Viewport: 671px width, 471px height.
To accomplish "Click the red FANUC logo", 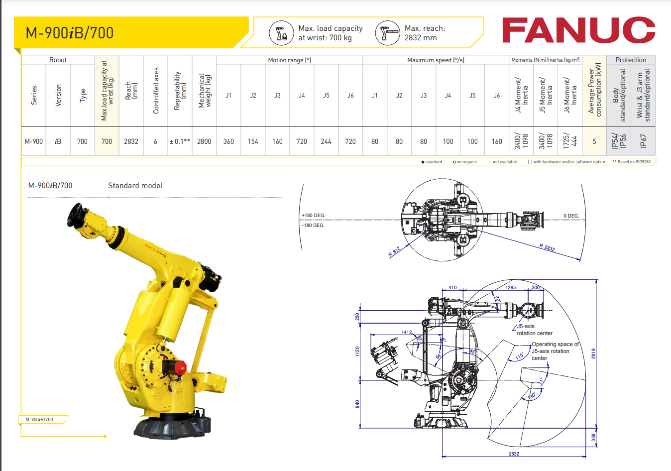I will pos(578,30).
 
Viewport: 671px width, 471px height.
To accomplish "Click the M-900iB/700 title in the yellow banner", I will pos(70,33).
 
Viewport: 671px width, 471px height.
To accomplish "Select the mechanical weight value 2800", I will pos(204,141).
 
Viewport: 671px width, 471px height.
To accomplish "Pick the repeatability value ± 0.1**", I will pos(180,141).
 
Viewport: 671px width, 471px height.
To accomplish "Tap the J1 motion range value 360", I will pos(228,141).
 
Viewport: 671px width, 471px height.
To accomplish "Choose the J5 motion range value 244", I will pos(326,141).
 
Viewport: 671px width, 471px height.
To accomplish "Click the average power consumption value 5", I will pos(594,141).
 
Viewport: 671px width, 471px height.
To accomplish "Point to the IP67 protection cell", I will pos(643,141).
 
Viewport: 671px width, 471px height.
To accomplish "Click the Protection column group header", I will pos(631,60).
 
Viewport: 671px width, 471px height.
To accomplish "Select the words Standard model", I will pos(135,186).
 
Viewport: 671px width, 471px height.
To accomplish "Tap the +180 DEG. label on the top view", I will pos(313,216).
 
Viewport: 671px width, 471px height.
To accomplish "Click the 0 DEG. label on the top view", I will pos(571,216).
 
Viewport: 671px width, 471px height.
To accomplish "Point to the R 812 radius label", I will pos(394,252).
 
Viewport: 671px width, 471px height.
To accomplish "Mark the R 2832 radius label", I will pos(547,247).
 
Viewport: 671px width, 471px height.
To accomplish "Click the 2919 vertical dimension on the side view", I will pos(593,353).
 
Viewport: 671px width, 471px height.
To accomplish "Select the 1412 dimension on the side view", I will pos(407,332).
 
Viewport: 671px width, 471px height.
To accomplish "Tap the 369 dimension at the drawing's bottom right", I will pos(593,437).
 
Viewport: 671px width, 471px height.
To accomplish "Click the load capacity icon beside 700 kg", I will pos(281,33).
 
